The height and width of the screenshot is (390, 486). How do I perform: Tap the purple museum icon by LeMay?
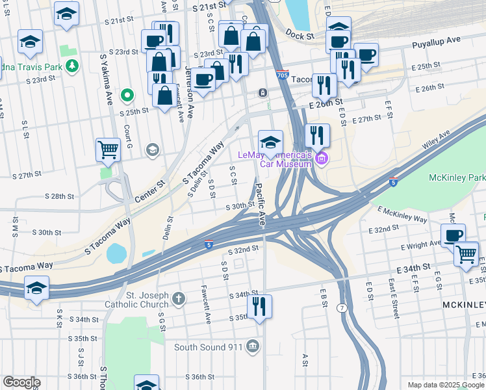(x=321, y=158)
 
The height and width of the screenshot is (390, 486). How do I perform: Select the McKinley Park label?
(x=457, y=178)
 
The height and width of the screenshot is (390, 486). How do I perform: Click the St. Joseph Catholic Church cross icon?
(x=179, y=300)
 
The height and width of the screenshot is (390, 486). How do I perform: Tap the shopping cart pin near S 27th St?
(x=109, y=150)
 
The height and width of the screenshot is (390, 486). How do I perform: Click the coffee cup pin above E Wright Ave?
(x=453, y=235)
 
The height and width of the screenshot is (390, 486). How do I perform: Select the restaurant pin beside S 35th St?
(x=260, y=306)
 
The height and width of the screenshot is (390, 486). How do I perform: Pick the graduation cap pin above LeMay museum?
(x=270, y=141)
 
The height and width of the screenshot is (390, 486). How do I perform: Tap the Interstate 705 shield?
(x=282, y=76)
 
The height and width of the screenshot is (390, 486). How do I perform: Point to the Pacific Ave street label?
(x=261, y=201)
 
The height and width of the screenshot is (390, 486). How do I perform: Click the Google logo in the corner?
(x=21, y=382)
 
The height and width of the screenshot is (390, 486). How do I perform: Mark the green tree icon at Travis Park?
(x=72, y=66)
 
